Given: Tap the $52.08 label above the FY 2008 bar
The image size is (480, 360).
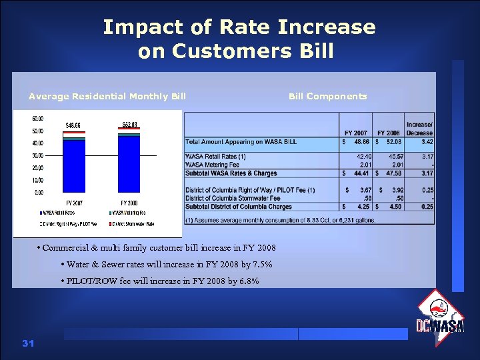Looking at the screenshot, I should click(130, 125).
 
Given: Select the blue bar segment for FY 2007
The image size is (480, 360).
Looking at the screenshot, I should click(74, 167).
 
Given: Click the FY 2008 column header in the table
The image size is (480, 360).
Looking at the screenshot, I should click(388, 133).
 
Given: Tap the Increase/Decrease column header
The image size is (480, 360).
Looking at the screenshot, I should click(419, 128).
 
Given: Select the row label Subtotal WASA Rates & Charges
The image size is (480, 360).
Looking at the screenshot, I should click(231, 173).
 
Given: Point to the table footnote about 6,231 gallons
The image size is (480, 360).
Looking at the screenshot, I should click(280, 219).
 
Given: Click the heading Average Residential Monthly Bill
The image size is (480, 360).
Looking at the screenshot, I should click(107, 96).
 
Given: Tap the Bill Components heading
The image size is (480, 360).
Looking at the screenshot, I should click(327, 96).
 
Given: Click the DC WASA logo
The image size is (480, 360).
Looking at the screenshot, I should click(440, 318).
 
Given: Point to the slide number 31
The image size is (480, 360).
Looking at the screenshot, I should click(27, 343).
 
